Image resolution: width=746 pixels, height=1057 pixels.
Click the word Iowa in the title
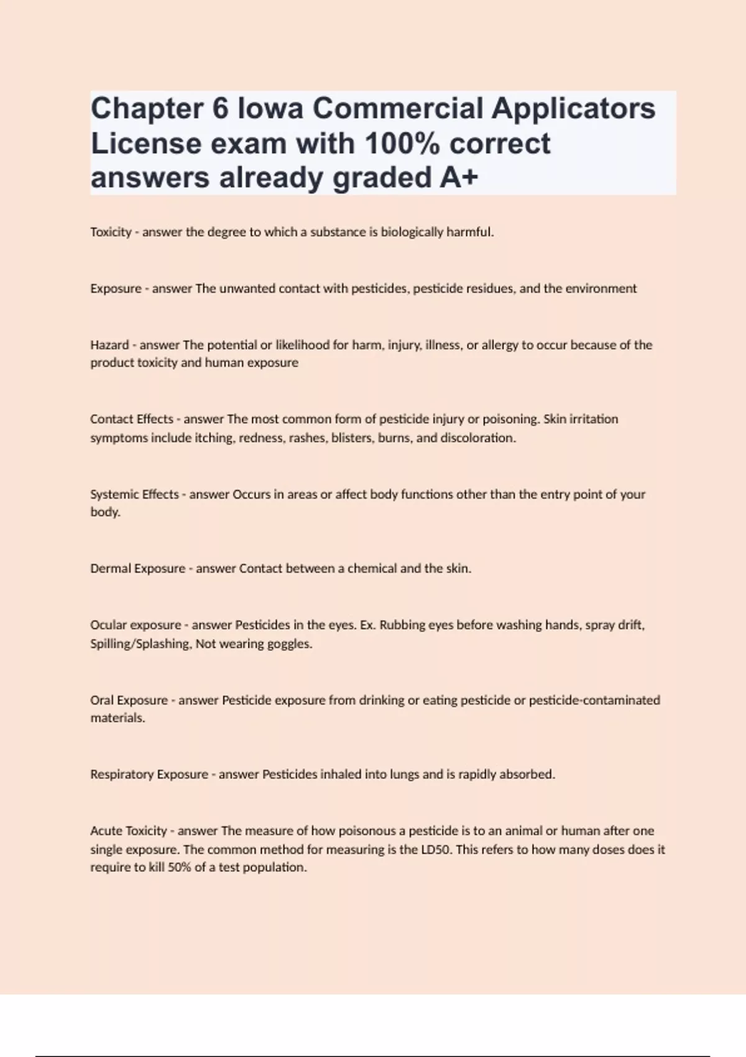coord(270,108)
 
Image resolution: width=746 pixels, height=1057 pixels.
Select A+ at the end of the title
coord(459,178)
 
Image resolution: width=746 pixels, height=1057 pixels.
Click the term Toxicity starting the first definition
coord(111,232)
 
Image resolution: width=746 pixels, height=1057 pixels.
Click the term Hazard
coord(109,345)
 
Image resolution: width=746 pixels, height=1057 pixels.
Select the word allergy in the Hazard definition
coord(500,345)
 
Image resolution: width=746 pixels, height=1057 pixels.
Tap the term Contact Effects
coord(132,419)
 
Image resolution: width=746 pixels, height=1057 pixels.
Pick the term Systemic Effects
coord(134,494)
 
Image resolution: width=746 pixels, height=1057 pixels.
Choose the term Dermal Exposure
coord(137,568)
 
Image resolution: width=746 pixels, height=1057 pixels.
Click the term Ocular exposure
coord(136,625)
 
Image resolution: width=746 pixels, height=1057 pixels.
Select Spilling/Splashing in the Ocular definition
coord(140,644)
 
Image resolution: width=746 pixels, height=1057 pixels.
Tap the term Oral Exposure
coord(129,700)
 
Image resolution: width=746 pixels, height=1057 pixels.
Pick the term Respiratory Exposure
coord(149,774)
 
